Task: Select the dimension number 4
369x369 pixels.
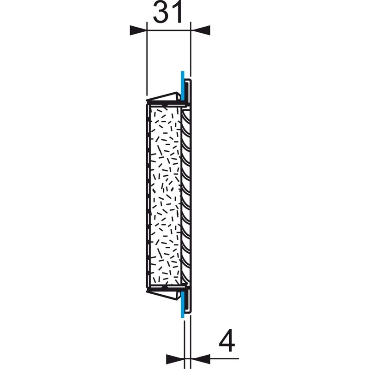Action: [x=226, y=342]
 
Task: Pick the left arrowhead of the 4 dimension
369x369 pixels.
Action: [x=175, y=357]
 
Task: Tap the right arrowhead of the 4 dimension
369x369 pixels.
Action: [x=196, y=357]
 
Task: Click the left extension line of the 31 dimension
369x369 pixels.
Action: [x=146, y=60]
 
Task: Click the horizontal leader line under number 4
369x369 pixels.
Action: [x=221, y=357]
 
